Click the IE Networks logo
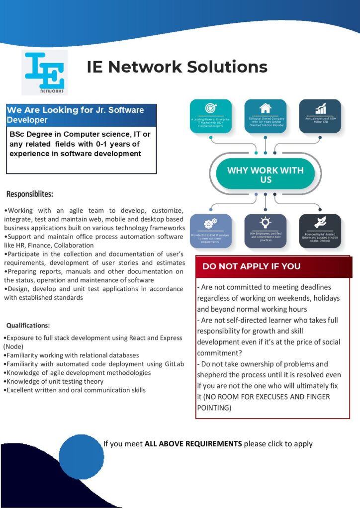[x=44, y=72]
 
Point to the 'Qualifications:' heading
[x=28, y=326]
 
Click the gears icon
[x=210, y=224]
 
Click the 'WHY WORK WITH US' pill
[x=265, y=174]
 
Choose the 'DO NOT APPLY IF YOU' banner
[x=251, y=266]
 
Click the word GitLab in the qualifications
[x=173, y=364]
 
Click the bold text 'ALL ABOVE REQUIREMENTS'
[x=193, y=443]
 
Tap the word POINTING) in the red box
[x=214, y=408]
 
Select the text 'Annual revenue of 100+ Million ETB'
[x=320, y=121]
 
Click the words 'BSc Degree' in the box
[x=30, y=134]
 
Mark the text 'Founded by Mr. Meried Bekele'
[x=320, y=236]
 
